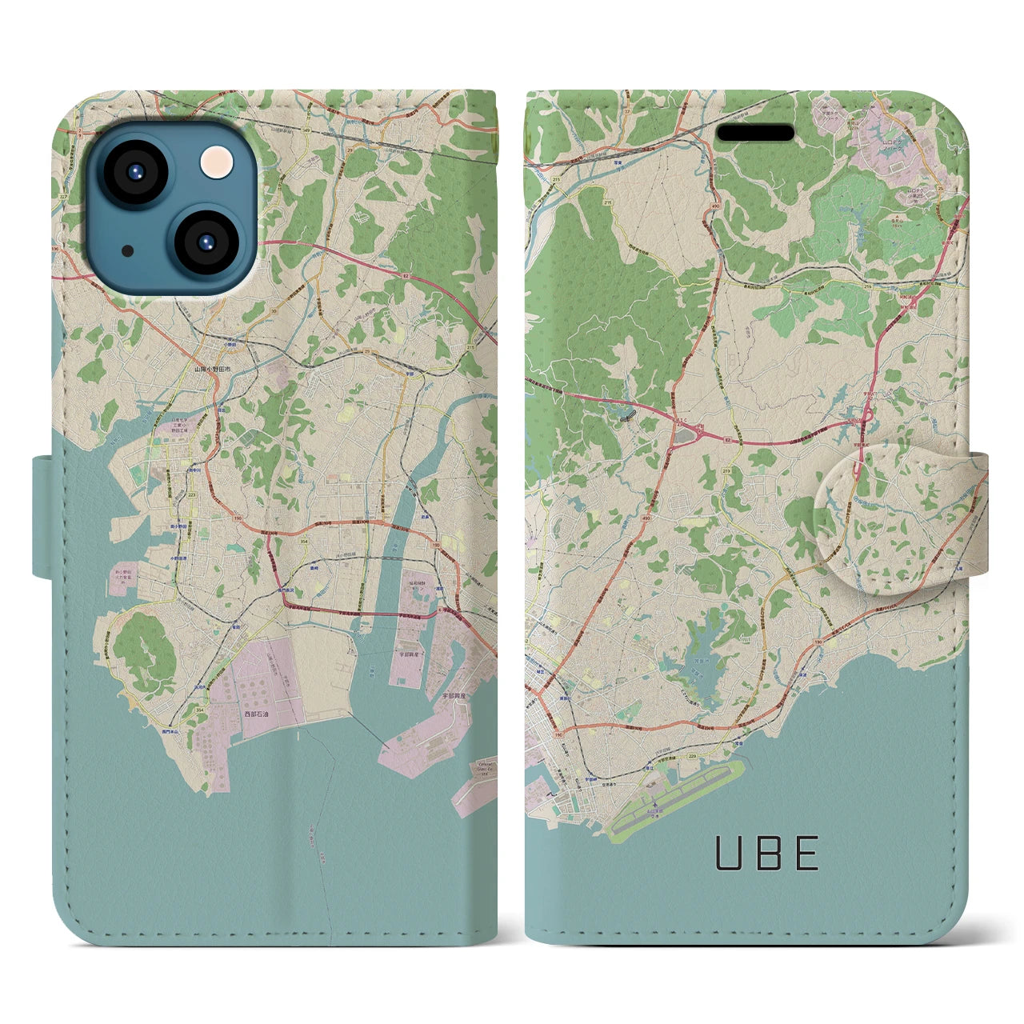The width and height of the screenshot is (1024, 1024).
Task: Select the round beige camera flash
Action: coord(217,162)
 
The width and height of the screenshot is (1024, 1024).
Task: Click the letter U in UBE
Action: coord(729,853)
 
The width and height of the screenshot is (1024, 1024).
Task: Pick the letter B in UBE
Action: coord(769,853)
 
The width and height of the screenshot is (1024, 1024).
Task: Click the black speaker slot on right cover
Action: coord(755,132)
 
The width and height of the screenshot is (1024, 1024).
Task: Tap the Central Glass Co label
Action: coord(486,770)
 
